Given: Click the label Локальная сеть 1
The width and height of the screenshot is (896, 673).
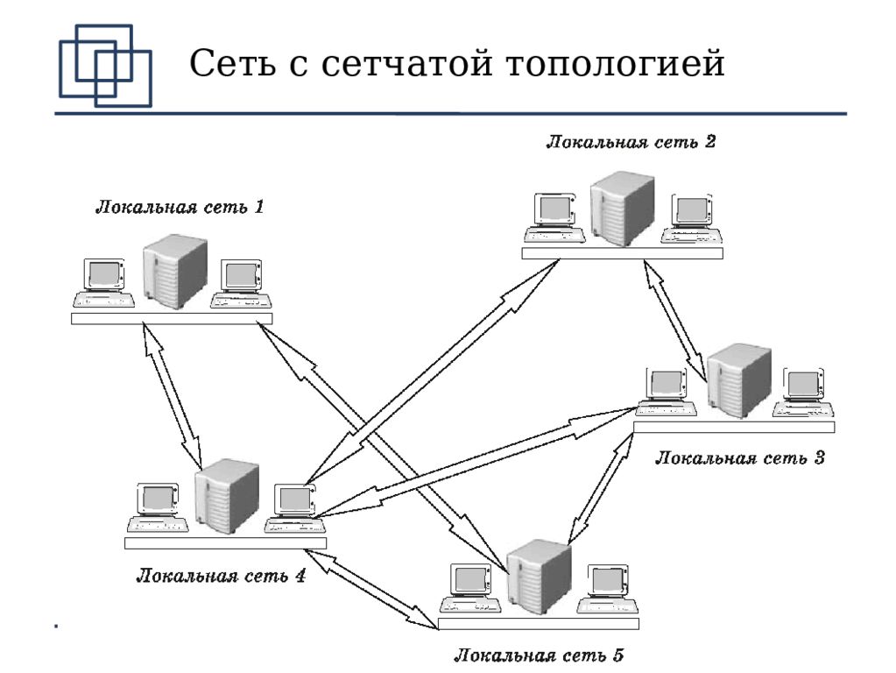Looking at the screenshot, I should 180,209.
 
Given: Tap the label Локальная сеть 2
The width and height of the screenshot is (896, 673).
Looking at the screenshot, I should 631,141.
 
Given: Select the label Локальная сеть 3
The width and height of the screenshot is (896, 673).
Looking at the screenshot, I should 740,457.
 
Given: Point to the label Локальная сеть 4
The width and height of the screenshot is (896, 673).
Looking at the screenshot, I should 221,577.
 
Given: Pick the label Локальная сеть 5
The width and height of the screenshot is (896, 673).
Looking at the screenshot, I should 539,655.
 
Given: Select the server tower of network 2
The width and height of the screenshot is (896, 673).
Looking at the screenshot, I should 623,209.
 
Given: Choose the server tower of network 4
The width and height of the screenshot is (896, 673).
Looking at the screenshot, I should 228,496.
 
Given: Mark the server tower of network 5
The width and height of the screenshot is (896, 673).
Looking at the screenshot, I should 540,577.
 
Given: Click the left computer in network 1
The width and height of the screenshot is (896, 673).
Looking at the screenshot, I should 104,283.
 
